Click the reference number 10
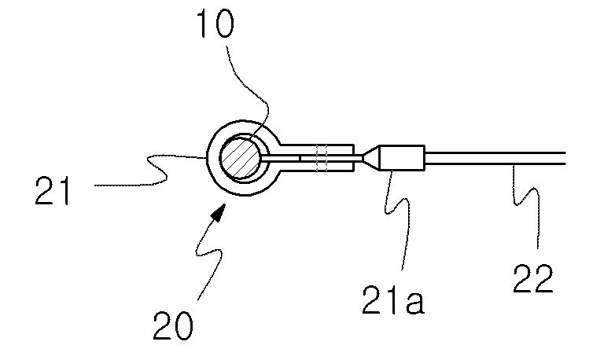(x=215, y=24)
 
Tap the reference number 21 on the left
(x=53, y=191)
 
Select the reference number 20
(x=173, y=325)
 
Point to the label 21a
(x=392, y=300)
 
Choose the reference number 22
(x=533, y=278)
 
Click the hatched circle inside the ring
(x=240, y=158)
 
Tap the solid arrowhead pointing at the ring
(x=219, y=211)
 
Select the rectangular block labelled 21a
(x=402, y=158)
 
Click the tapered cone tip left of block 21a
(x=370, y=158)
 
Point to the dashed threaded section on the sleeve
(x=322, y=158)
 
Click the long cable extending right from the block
(x=495, y=158)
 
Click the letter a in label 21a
(x=414, y=304)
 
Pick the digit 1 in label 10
(x=204, y=24)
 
